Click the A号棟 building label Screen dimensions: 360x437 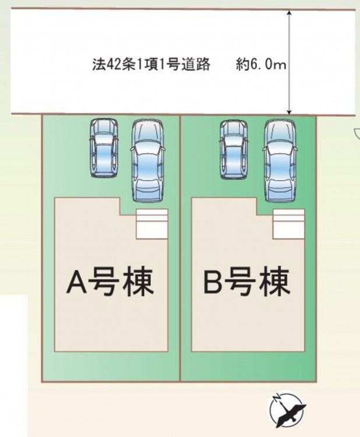[x=110, y=282]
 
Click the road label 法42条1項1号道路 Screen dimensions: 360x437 [x=151, y=65]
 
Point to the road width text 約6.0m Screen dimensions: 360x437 [x=261, y=65]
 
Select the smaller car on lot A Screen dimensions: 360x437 [x=104, y=147]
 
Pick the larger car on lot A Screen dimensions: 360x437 [x=147, y=160]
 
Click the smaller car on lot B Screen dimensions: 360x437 [x=234, y=149]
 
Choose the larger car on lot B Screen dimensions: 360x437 [x=280, y=161]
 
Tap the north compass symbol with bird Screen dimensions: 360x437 [x=288, y=410]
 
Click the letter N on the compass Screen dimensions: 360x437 [x=277, y=397]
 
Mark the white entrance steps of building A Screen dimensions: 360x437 [x=152, y=224]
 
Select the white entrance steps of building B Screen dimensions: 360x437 [x=289, y=224]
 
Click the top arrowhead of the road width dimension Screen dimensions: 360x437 [x=290, y=13]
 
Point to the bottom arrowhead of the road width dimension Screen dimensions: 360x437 [x=290, y=112]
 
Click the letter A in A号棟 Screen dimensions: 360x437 [x=77, y=283]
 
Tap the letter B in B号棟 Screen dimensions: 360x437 [x=214, y=282]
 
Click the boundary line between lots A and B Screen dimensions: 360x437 [x=180, y=248]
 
